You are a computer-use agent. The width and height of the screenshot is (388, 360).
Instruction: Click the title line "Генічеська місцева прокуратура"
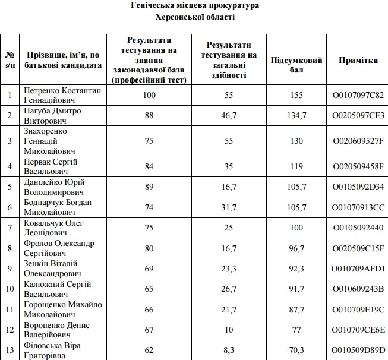(x=194, y=5)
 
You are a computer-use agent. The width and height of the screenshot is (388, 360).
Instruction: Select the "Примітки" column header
(x=358, y=60)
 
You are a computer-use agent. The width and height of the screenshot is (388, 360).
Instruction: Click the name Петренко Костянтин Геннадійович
(x=62, y=95)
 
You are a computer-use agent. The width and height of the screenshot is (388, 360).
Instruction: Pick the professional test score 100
(x=149, y=95)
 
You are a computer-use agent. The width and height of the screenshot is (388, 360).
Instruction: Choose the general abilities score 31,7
(x=229, y=207)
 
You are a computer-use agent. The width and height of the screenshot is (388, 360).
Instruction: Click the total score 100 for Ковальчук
(x=296, y=228)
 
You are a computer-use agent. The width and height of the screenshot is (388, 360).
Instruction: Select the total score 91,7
(x=296, y=289)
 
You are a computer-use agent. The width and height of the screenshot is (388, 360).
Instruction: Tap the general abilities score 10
(x=229, y=330)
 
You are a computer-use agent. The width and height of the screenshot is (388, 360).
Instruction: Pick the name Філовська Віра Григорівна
(x=52, y=350)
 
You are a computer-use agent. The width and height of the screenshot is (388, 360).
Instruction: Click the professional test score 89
(x=149, y=187)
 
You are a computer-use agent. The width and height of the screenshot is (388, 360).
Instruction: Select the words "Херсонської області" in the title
(x=194, y=17)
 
